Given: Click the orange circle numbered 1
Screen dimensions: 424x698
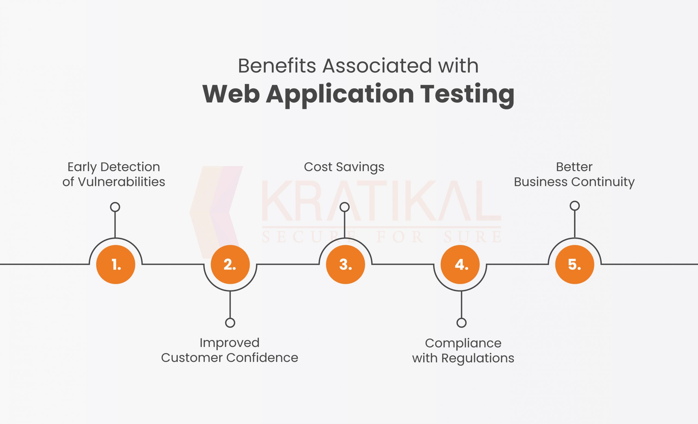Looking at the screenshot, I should [116, 264].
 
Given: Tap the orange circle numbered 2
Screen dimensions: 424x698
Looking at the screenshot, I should [230, 264].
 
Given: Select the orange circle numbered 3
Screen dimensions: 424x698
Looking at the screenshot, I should [345, 264].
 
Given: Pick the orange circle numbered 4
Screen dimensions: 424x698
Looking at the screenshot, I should [460, 264].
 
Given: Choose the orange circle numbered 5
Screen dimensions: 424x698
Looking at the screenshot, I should [574, 264].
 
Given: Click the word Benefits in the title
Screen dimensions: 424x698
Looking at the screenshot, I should [277, 66].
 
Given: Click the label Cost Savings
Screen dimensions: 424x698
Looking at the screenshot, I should [344, 167].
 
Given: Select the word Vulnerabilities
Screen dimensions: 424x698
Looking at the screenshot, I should [121, 182].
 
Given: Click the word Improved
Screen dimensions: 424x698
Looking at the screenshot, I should [230, 343].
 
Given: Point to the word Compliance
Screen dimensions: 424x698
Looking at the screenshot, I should [463, 343].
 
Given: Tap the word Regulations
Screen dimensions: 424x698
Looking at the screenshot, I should [478, 358].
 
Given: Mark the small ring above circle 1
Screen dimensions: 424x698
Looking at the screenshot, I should [115, 207].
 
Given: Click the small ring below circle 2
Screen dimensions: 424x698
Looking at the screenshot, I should [230, 323].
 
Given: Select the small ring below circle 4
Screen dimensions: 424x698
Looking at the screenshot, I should [461, 323].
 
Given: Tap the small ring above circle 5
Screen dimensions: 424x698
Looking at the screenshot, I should [574, 206].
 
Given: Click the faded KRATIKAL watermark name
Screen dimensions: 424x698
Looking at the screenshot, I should [381, 201].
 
